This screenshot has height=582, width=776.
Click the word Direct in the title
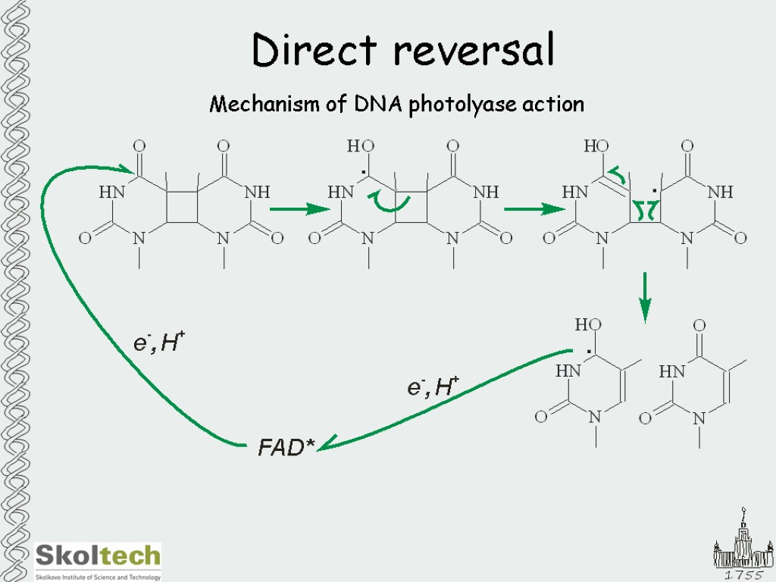[x=314, y=51]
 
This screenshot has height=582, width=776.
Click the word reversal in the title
[x=474, y=51]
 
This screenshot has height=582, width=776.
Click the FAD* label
[x=286, y=448]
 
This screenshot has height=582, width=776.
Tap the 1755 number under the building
[x=742, y=575]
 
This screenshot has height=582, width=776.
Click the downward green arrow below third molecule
[x=645, y=296]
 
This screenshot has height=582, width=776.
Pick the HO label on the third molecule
[x=596, y=145]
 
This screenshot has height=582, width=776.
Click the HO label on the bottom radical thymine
[x=588, y=324]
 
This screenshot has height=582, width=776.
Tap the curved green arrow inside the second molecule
[x=390, y=202]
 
